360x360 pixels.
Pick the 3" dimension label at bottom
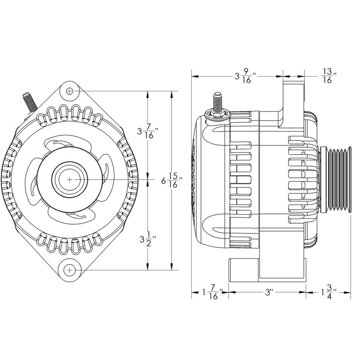click(269, 292)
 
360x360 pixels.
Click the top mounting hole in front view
click(69, 91)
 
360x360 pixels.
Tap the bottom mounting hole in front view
click(69, 270)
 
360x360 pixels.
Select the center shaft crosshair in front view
click(69, 179)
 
